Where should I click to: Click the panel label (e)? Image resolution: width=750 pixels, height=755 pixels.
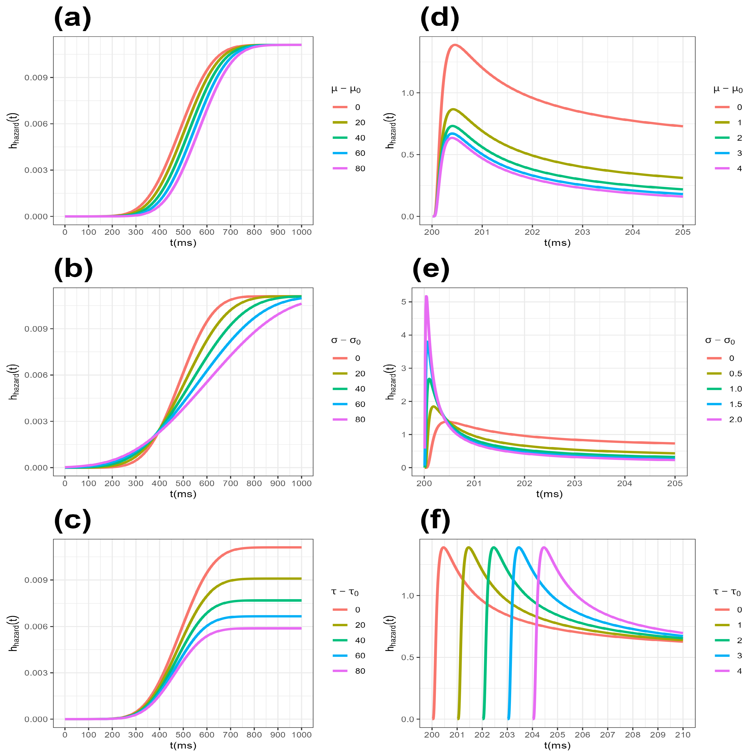pos(431,270)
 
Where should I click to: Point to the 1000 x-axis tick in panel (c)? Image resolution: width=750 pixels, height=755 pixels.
pos(301,735)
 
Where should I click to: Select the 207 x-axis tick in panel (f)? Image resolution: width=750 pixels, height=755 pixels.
pos(607,735)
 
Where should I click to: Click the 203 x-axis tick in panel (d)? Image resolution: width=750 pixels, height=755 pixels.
pos(582,232)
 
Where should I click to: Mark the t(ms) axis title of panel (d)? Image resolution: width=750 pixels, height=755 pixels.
pos(557,243)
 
